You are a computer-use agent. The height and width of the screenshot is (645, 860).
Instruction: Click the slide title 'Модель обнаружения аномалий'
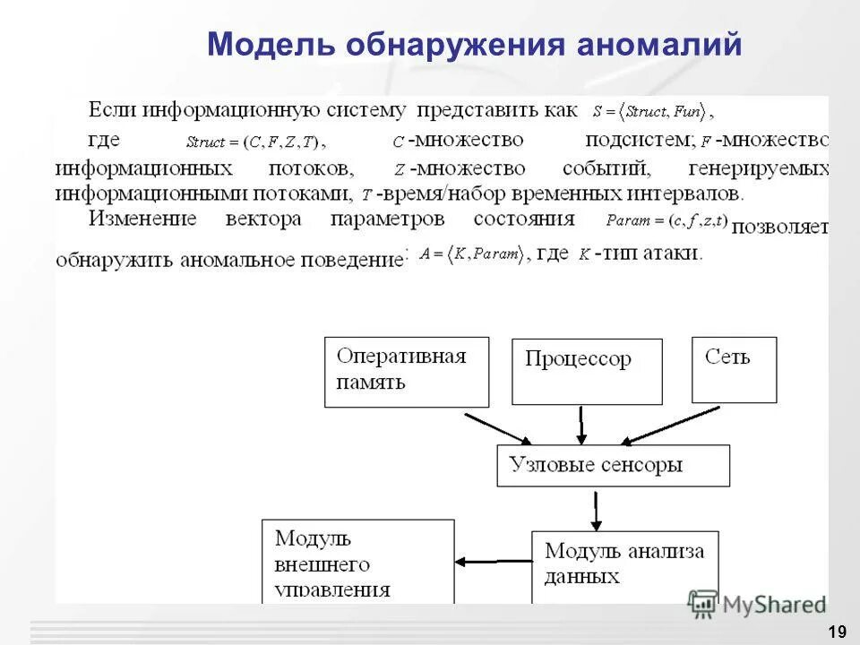[x=474, y=43]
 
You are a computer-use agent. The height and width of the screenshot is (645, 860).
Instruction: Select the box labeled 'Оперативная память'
[x=406, y=371]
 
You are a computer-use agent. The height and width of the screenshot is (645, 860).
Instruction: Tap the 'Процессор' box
[x=587, y=371]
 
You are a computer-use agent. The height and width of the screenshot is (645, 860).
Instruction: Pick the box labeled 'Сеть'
[x=734, y=369]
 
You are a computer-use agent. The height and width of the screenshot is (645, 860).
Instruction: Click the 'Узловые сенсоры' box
[x=613, y=466]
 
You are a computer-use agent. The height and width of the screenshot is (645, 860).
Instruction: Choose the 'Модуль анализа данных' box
[x=623, y=563]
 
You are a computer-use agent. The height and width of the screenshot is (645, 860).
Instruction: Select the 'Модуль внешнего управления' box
[x=357, y=562]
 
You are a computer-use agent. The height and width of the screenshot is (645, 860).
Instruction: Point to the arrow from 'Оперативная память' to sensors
[x=498, y=428]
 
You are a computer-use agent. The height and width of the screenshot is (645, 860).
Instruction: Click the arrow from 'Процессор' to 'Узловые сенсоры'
[x=581, y=426]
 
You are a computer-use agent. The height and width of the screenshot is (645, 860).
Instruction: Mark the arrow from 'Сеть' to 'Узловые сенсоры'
[x=672, y=426]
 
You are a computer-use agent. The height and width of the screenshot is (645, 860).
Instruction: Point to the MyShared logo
[x=757, y=605]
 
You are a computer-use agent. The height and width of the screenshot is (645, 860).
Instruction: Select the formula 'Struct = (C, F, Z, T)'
[x=256, y=142]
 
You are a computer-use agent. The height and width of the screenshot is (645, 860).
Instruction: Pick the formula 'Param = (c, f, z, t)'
[x=666, y=220]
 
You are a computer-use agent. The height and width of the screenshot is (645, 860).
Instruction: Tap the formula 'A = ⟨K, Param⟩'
[x=470, y=254]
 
